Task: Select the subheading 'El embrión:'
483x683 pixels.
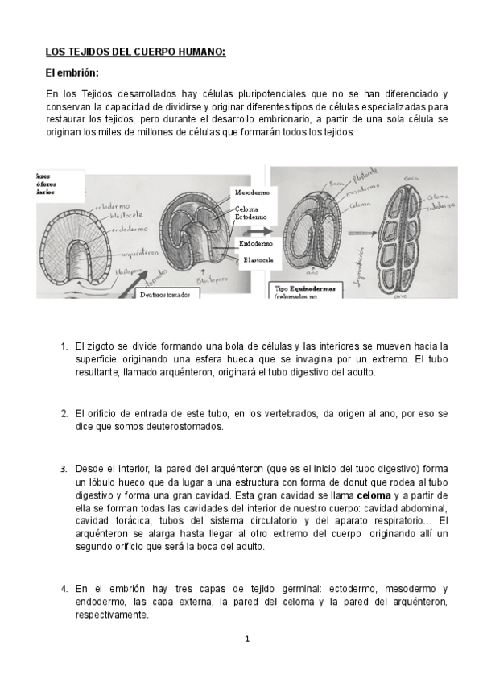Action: click(x=72, y=73)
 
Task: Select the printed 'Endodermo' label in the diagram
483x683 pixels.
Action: click(x=256, y=242)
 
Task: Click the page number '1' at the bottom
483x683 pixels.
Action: click(x=248, y=640)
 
